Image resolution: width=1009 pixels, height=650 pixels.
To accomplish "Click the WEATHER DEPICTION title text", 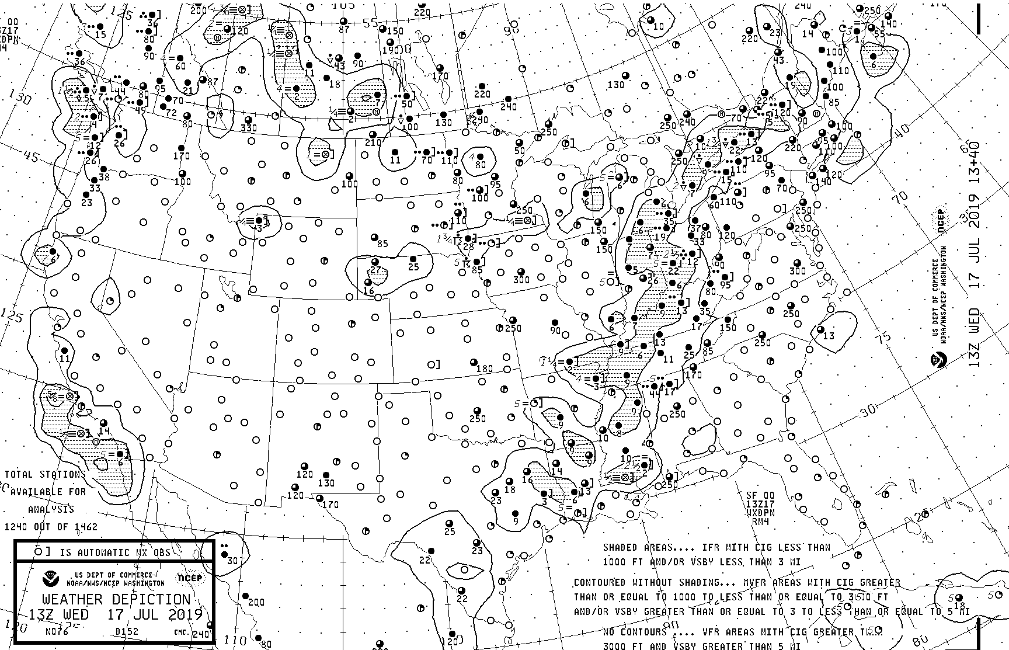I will (x=117, y=600).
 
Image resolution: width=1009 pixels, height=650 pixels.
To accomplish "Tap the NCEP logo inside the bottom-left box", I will (x=190, y=578).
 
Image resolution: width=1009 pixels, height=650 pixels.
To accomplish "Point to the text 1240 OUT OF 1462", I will (x=51, y=527).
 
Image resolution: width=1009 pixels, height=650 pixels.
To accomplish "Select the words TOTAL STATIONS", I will (x=45, y=474).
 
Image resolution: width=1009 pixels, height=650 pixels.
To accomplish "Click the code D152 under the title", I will (x=127, y=631).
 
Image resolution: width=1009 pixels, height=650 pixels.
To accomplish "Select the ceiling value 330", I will (x=248, y=128).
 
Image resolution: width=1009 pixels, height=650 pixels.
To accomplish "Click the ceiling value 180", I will (x=485, y=369).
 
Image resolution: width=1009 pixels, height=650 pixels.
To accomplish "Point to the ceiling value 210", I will (x=373, y=142).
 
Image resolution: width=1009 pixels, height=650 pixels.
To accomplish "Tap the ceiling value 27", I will (x=375, y=270).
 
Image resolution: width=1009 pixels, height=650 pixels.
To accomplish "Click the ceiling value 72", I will (x=171, y=112).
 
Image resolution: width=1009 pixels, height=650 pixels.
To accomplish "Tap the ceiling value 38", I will (x=104, y=177).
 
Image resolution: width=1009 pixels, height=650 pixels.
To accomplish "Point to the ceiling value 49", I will (x=140, y=110).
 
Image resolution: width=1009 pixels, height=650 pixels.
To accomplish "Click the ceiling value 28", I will (x=468, y=248).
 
